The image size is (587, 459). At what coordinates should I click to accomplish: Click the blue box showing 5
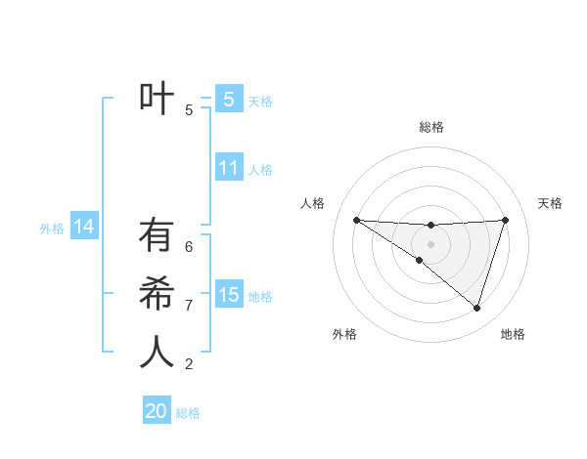[x=228, y=100]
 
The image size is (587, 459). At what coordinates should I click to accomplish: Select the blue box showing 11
[x=228, y=168]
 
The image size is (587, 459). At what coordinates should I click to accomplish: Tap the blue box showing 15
[x=228, y=295]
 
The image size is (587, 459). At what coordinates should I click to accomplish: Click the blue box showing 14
[x=84, y=228]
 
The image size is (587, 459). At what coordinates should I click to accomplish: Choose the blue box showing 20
[x=157, y=411]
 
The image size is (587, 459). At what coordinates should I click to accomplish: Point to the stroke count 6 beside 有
[x=189, y=247]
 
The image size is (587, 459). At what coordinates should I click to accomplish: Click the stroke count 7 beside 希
[x=189, y=306]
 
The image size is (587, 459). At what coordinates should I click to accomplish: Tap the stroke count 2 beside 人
[x=189, y=364]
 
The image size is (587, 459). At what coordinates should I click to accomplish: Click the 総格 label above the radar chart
[x=430, y=127]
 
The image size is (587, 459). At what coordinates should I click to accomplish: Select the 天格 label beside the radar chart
[x=550, y=203]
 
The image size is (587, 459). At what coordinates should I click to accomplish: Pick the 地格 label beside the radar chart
[x=513, y=334]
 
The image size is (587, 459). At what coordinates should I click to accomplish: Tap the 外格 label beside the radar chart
[x=344, y=334]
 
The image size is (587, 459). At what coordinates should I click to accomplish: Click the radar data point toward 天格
[x=506, y=220]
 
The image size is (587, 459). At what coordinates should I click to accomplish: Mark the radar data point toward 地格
[x=476, y=308]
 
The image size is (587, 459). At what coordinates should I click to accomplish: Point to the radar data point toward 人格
[x=356, y=220]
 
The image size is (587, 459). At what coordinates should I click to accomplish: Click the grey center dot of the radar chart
[x=430, y=244]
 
